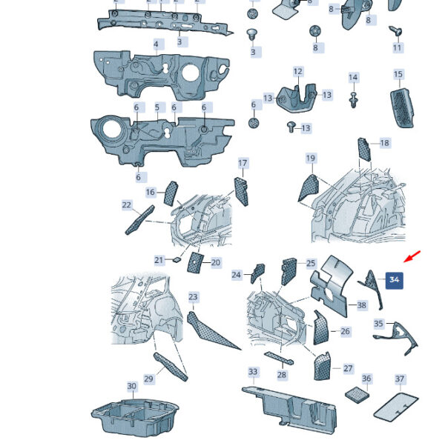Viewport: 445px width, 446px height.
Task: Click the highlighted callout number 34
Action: click(x=394, y=280)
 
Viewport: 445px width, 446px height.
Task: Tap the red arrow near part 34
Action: click(x=412, y=256)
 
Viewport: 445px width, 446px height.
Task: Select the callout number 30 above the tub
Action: click(x=131, y=386)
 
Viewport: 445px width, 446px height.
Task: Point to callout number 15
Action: click(x=398, y=74)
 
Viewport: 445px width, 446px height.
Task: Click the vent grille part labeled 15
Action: click(x=401, y=108)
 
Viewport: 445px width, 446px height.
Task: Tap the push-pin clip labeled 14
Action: click(x=353, y=99)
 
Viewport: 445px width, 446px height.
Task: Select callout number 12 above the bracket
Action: click(x=298, y=71)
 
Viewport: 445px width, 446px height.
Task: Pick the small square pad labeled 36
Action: click(x=357, y=395)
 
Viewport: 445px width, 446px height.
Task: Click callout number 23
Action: click(x=193, y=297)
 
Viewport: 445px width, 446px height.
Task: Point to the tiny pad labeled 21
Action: click(x=177, y=259)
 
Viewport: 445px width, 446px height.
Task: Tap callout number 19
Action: click(x=311, y=158)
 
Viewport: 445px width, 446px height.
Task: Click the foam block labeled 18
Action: click(x=364, y=150)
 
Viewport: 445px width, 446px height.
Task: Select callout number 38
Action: click(x=362, y=305)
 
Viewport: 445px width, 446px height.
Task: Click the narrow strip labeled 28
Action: click(x=279, y=358)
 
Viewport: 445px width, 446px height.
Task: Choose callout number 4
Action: click(x=156, y=44)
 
